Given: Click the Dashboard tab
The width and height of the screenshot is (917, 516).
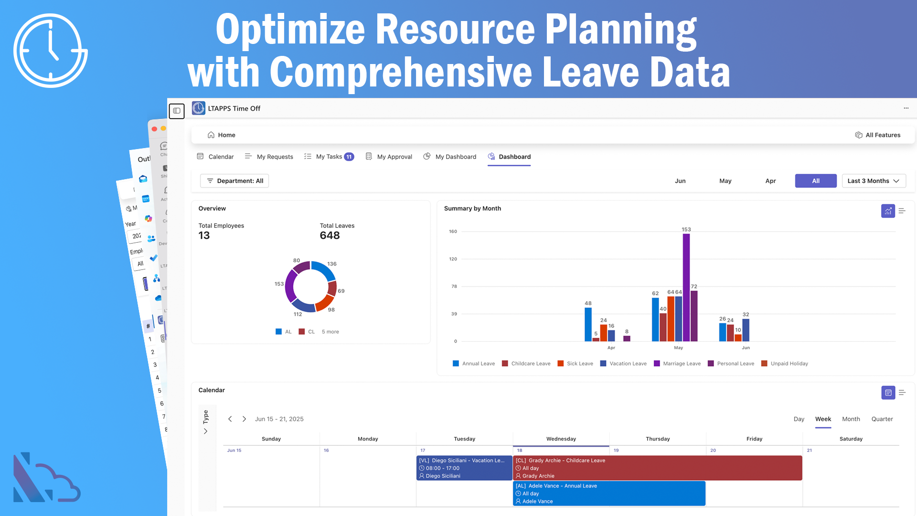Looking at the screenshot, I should (514, 157).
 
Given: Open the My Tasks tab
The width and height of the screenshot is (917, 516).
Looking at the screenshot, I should (329, 157).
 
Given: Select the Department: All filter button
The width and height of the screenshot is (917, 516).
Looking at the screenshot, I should (235, 181).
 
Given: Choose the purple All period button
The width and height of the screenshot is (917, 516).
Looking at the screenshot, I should (815, 181).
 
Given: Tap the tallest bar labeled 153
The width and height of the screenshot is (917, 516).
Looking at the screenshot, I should (686, 287).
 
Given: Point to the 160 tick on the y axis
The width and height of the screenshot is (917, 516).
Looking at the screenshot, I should (453, 232).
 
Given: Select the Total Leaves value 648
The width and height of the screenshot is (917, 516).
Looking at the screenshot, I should (330, 236).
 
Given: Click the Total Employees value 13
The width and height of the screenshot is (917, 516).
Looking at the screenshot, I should (204, 236).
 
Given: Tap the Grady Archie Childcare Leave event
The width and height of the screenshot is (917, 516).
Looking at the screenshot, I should (657, 468).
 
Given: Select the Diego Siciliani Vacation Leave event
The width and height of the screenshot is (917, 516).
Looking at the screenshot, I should (464, 468).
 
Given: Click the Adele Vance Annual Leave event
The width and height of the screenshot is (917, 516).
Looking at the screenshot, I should (609, 493).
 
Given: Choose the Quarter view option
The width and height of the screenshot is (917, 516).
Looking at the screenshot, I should (882, 419).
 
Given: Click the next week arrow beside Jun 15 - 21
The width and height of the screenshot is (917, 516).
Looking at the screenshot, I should (244, 419).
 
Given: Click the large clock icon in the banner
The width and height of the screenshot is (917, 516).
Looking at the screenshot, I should (51, 51).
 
